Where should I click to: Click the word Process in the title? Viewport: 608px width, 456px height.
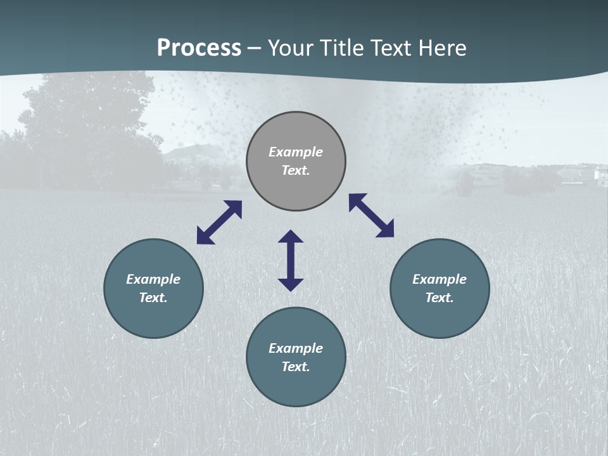199,48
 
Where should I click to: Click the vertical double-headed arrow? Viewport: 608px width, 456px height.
291,261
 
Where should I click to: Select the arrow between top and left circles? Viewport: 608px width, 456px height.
219,222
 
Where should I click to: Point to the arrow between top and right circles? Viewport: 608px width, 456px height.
372,215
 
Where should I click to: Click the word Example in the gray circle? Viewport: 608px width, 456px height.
296,152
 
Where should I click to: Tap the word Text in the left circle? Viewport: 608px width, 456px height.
153,298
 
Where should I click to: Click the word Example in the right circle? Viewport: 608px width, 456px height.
440,279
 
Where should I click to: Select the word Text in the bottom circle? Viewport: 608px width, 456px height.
296,367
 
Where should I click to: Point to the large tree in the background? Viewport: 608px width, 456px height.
89,127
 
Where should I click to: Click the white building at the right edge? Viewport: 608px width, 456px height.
598,175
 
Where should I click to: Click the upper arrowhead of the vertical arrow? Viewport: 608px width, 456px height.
291,237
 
